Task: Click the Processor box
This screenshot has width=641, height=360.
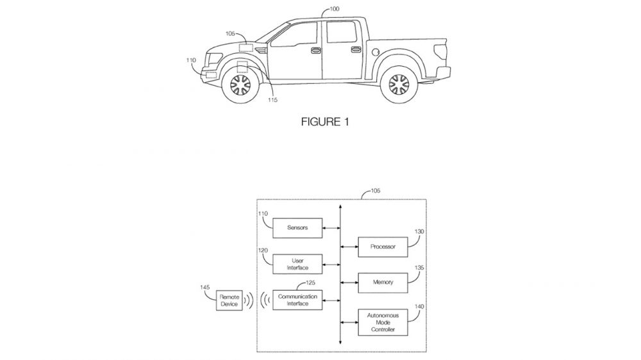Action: (383, 246)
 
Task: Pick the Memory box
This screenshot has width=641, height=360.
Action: (383, 282)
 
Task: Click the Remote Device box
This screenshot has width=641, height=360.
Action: (229, 300)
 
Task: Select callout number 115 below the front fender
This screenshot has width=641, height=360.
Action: (273, 99)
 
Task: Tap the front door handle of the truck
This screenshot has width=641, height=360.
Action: (315, 49)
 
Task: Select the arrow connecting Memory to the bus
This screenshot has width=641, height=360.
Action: (349, 282)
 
